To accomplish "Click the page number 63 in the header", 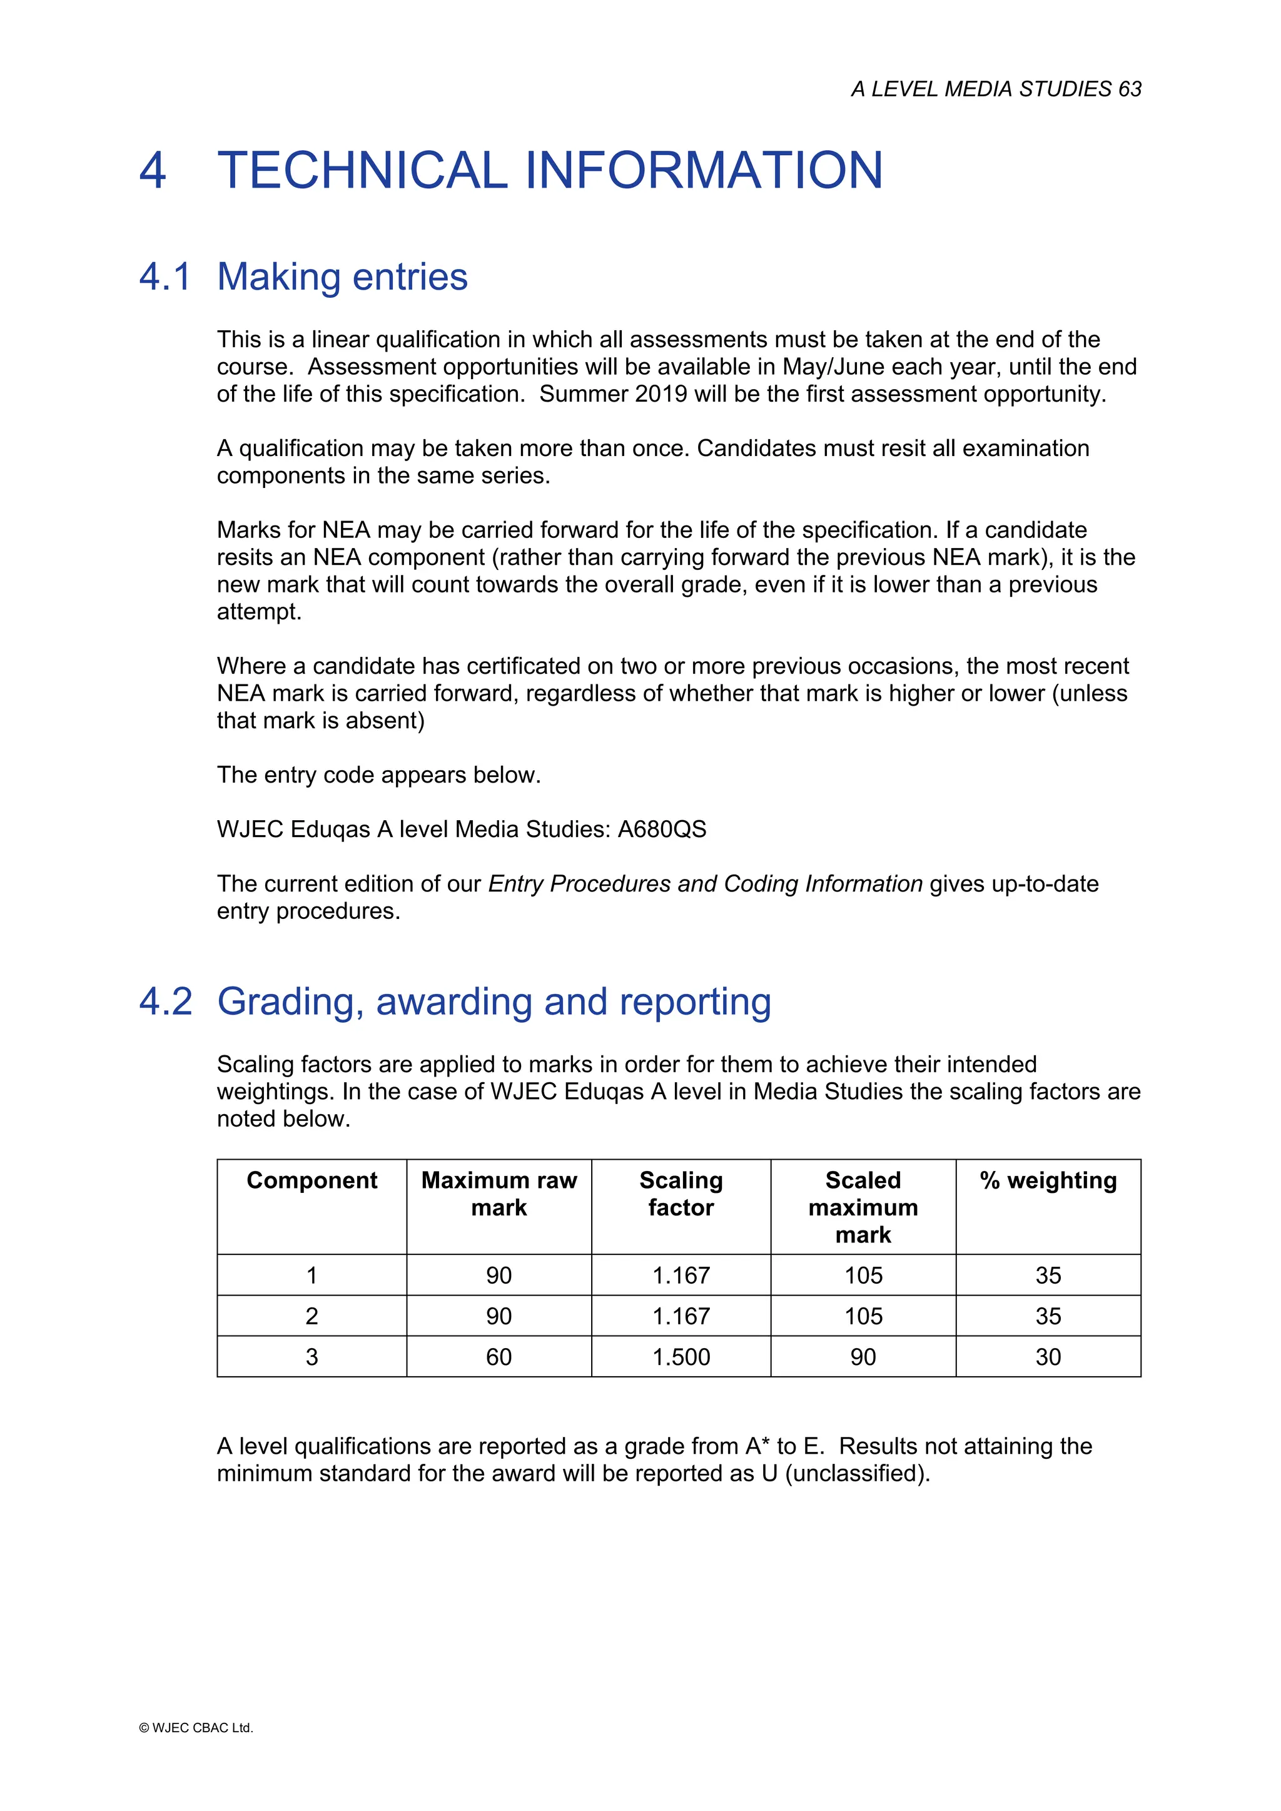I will (1129, 89).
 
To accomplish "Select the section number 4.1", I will (165, 277).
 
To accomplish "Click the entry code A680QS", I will (662, 829).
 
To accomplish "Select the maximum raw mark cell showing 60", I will (499, 1357).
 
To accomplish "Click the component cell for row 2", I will (311, 1316).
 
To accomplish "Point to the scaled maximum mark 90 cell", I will (863, 1357).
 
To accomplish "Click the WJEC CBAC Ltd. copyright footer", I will (196, 1727).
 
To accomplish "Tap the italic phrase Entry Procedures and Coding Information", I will (705, 883).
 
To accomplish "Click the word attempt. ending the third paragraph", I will (259, 611).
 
